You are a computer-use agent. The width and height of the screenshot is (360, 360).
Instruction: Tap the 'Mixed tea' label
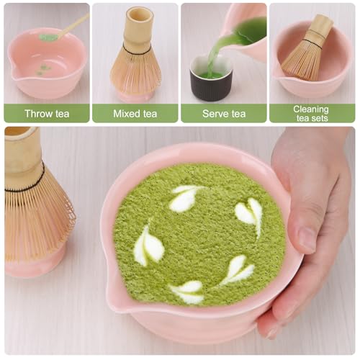point(135,113)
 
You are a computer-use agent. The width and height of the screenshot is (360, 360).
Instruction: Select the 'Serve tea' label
point(223,113)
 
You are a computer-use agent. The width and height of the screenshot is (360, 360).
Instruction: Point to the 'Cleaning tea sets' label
point(312,113)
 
